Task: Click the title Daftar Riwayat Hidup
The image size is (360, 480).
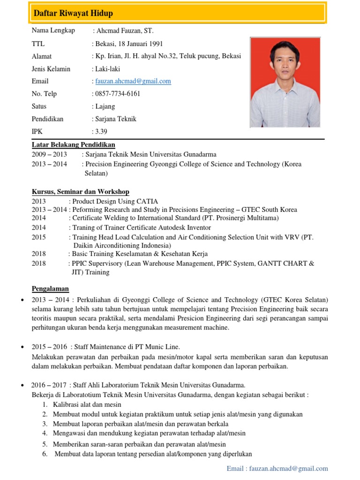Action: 73,13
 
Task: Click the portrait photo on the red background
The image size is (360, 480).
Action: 285,82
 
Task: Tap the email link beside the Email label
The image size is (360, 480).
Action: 133,81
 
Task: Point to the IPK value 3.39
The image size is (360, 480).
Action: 101,132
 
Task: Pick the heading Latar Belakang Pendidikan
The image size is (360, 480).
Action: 73,144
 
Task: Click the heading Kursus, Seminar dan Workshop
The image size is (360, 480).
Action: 80,192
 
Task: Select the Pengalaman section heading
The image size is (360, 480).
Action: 50,288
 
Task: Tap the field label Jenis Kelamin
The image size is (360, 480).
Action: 51,69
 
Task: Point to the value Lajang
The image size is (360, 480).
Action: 105,106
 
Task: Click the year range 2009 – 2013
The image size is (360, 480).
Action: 49,154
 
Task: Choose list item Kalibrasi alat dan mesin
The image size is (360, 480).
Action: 87,405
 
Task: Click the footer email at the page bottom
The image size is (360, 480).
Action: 277,468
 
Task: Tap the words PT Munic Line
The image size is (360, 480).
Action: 159,347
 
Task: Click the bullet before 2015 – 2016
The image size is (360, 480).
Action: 22,347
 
